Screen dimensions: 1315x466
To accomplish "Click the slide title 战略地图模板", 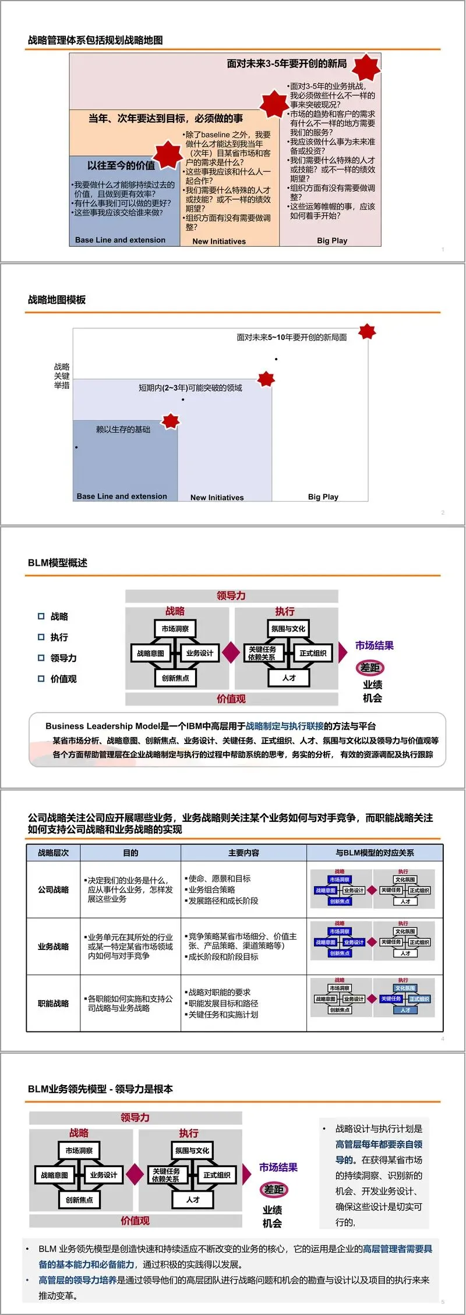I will point(57,300).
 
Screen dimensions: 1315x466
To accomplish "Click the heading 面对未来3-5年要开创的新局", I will point(287,63).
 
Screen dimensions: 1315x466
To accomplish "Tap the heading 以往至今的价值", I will point(121,165).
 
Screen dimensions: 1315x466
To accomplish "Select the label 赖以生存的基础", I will point(123,430).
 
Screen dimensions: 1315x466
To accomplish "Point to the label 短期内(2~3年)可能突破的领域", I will point(190,388).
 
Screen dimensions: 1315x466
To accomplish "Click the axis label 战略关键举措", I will point(62,376).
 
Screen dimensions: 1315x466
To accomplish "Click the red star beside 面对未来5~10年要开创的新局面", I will point(367,332).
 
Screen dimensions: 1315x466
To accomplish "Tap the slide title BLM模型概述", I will point(58,563).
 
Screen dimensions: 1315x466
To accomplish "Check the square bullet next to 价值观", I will point(41,679).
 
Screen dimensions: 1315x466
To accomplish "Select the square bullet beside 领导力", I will point(41,658).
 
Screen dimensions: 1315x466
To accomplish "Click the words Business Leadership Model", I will point(103,726).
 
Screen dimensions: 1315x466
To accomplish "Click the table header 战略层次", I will point(53,853).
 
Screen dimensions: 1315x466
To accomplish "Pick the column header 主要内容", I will point(243,853).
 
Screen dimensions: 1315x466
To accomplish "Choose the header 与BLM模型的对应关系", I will point(375,853).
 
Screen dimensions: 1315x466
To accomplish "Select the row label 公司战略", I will point(53,889).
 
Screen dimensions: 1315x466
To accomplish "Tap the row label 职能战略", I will point(53,1004).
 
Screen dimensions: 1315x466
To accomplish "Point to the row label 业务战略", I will point(53,947).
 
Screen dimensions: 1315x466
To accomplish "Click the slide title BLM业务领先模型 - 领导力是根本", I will point(100,1089).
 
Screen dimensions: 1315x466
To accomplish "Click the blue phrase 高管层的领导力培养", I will point(77,1280).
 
